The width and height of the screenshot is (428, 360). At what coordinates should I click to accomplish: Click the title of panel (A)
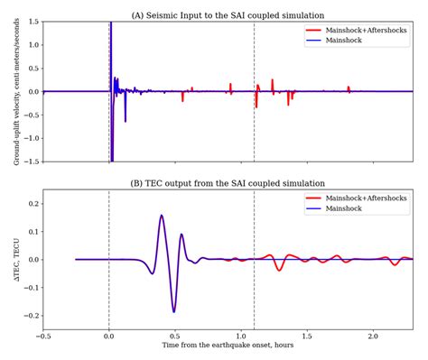tap(228, 14)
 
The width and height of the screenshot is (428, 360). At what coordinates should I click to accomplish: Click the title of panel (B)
tap(228, 183)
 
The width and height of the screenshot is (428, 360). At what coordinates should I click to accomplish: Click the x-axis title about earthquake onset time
tap(228, 346)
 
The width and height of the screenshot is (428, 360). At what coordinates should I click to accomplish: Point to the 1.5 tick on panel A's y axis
tap(32, 22)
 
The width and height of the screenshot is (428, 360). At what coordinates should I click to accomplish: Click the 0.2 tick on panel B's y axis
tap(32, 204)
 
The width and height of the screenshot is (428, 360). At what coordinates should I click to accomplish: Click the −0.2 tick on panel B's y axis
tap(30, 316)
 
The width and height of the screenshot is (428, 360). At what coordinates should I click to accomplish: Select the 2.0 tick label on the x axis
tap(373, 337)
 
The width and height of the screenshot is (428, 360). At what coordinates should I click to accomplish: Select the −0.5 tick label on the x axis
tap(43, 337)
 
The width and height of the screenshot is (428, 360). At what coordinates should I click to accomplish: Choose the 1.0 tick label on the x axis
tap(241, 337)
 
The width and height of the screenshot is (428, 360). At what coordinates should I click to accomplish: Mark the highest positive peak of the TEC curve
tap(162, 216)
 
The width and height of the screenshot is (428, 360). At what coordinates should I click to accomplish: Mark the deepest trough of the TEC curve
tap(173, 311)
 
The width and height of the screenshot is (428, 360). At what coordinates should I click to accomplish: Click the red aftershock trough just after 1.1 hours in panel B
tap(280, 270)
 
